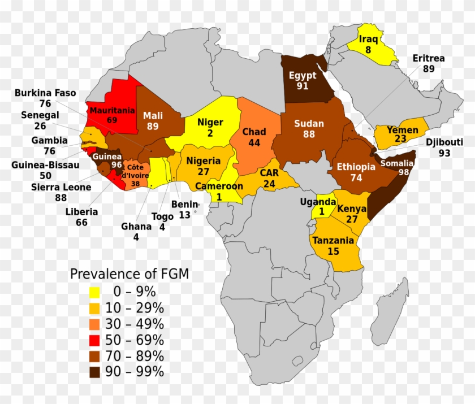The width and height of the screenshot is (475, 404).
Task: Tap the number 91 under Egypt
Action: point(303,86)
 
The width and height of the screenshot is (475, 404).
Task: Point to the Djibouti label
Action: point(444,142)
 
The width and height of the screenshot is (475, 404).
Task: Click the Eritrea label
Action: point(428,58)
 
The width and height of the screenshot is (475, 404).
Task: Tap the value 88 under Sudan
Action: point(308,134)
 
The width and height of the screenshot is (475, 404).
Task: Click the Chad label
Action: point(254,132)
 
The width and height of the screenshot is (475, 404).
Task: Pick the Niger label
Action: point(210,122)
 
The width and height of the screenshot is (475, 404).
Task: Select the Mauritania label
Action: point(112,110)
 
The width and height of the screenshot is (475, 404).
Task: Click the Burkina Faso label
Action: point(45,93)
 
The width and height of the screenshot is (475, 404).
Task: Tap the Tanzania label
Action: point(333,240)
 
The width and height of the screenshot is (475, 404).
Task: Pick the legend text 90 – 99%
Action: point(138,372)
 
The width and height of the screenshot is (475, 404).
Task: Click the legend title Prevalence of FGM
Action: point(129,274)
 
